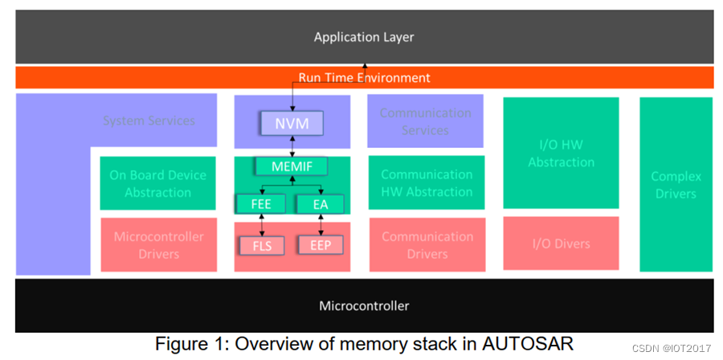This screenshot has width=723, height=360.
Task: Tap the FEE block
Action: coord(261,204)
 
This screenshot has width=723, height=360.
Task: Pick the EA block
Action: coord(321,204)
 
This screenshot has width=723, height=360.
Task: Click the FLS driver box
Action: coord(261,244)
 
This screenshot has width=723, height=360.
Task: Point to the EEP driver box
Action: coord(321,244)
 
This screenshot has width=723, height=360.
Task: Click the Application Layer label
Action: coord(364,37)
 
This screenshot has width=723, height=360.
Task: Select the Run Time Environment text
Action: coord(364,78)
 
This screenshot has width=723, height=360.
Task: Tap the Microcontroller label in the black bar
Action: coord(364,305)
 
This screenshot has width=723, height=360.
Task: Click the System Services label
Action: coord(149,121)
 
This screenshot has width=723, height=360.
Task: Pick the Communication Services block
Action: coord(425,121)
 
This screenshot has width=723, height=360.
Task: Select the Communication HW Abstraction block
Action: coord(427,183)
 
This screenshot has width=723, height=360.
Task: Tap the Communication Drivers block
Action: coord(427,245)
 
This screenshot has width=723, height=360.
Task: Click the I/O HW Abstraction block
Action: coord(561,153)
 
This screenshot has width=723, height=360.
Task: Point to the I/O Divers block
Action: coord(561,243)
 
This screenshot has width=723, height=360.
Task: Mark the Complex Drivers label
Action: coord(676,185)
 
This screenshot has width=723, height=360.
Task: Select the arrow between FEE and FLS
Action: coord(261,224)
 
